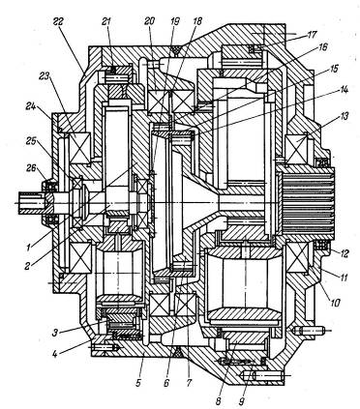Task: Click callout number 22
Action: click(59, 22)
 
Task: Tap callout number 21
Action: click(106, 22)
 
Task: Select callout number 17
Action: click(313, 34)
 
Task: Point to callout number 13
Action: click(344, 116)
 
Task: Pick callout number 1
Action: click(29, 248)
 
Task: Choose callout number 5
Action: click(138, 384)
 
